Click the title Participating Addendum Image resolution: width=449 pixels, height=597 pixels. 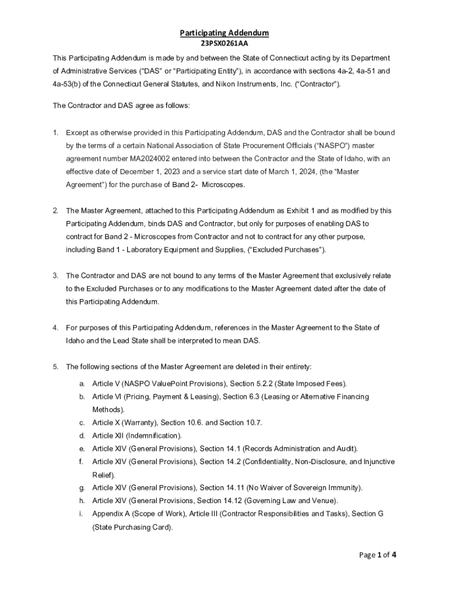point(224,33)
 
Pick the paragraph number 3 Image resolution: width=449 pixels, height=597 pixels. point(55,275)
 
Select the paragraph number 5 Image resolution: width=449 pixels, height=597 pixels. point(55,367)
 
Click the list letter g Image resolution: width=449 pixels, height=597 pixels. point(82,487)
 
